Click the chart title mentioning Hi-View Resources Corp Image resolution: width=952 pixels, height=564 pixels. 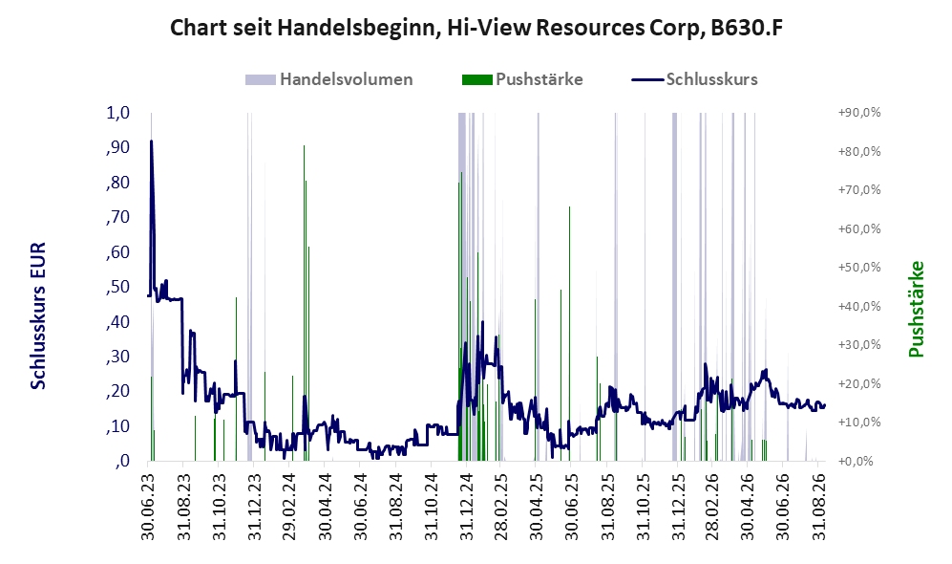476,28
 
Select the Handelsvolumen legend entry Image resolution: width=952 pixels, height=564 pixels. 329,79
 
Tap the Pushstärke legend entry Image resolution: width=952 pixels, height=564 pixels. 522,79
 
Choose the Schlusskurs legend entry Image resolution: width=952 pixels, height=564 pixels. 694,79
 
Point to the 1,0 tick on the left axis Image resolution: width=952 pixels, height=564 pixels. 118,113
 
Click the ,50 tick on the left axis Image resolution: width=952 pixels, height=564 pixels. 118,286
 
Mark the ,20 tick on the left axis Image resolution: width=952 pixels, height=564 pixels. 118,391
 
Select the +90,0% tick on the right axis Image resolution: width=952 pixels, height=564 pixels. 859,113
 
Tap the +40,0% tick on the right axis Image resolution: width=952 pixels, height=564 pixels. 859,306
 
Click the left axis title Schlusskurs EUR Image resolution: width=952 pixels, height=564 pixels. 37,316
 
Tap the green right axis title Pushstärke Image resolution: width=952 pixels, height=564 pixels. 916,309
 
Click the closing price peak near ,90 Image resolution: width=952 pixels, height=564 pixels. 151,141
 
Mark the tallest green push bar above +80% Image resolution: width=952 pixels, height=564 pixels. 305,303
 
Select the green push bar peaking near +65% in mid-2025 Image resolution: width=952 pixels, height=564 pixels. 569,334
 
